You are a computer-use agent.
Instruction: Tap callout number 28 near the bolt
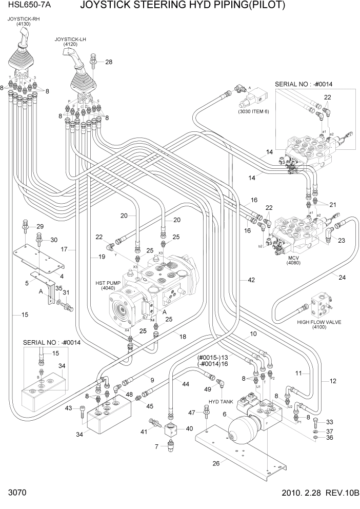click(x=108, y=62)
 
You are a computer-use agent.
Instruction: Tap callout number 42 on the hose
click(x=251, y=280)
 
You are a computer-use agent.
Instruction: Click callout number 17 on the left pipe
click(x=65, y=249)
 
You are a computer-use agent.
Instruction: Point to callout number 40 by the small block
click(x=189, y=428)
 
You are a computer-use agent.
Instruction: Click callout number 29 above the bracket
click(x=40, y=227)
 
